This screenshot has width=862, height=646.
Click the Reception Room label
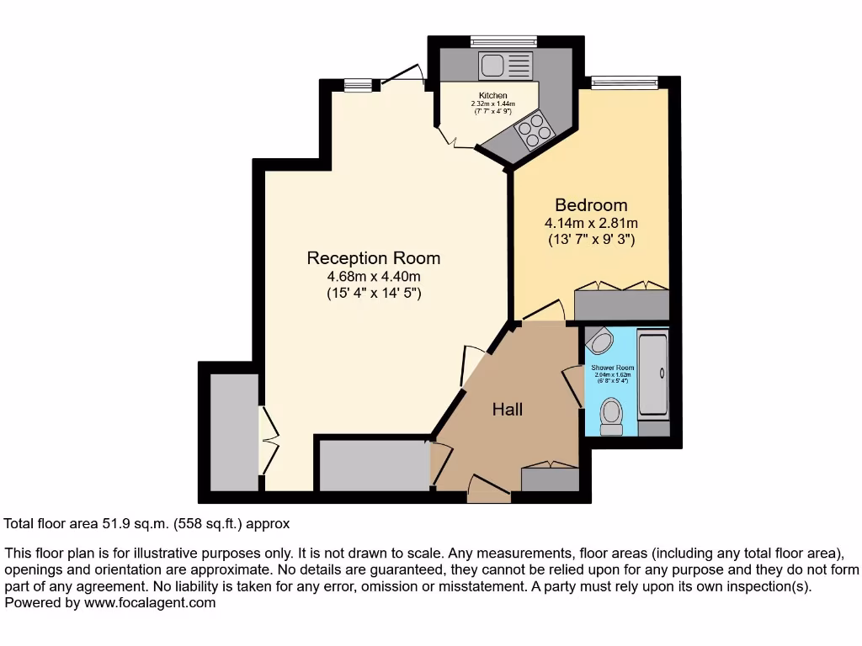click(373, 258)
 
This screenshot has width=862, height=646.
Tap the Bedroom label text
click(591, 205)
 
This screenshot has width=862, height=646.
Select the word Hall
click(508, 410)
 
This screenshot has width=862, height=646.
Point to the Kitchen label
click(492, 96)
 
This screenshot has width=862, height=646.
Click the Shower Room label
click(612, 368)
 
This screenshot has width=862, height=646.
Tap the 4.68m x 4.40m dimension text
click(373, 277)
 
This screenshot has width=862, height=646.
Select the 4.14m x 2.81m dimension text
click(591, 224)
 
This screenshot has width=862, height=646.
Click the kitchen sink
click(505, 65)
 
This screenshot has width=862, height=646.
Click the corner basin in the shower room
click(600, 341)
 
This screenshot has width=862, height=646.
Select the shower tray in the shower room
click(653, 375)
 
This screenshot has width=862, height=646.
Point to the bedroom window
click(624, 82)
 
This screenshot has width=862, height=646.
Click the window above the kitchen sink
click(503, 40)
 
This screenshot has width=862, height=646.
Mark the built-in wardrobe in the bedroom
click(621, 304)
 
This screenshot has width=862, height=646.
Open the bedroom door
click(543, 311)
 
